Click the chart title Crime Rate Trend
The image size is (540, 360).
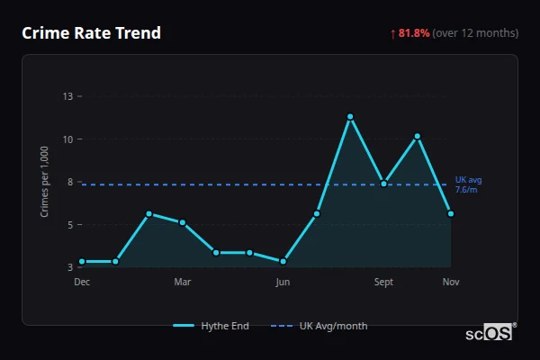pyautogui.click(x=91, y=33)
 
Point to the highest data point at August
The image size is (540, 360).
pyautogui.click(x=350, y=116)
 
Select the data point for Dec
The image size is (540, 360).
pyautogui.click(x=82, y=261)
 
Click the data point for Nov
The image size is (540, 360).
pyautogui.click(x=451, y=213)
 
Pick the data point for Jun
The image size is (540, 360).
pyautogui.click(x=283, y=261)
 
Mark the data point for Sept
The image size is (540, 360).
pyautogui.click(x=384, y=183)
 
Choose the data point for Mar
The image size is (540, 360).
pyautogui.click(x=183, y=222)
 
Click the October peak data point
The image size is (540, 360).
pyautogui.click(x=418, y=136)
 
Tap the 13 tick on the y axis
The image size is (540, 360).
pyautogui.click(x=68, y=95)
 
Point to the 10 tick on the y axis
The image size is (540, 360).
pyautogui.click(x=68, y=139)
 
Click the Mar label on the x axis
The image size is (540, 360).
pyautogui.click(x=183, y=282)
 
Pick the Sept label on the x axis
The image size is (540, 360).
pyautogui.click(x=384, y=282)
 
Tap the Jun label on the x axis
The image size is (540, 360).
pyautogui.click(x=283, y=282)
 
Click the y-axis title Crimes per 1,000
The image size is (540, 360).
pyautogui.click(x=45, y=181)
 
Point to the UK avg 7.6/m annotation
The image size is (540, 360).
pyautogui.click(x=468, y=184)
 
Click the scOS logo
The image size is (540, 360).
pyautogui.click(x=490, y=333)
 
